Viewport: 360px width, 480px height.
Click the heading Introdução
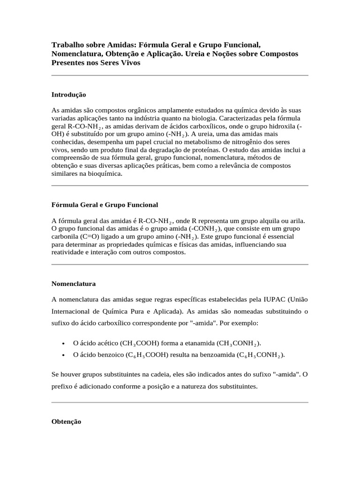[x=68, y=95]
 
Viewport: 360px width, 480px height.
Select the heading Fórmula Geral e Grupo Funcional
[x=105, y=205]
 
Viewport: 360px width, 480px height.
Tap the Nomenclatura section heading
[x=73, y=284]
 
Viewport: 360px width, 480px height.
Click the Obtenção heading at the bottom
[x=66, y=421]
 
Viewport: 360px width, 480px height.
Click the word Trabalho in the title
[x=66, y=45]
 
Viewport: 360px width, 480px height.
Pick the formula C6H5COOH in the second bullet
[x=147, y=355]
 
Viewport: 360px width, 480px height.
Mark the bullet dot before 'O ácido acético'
[x=63, y=344]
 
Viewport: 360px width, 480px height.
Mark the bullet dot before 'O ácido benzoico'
[x=63, y=355]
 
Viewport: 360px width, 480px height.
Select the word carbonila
[x=65, y=237]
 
